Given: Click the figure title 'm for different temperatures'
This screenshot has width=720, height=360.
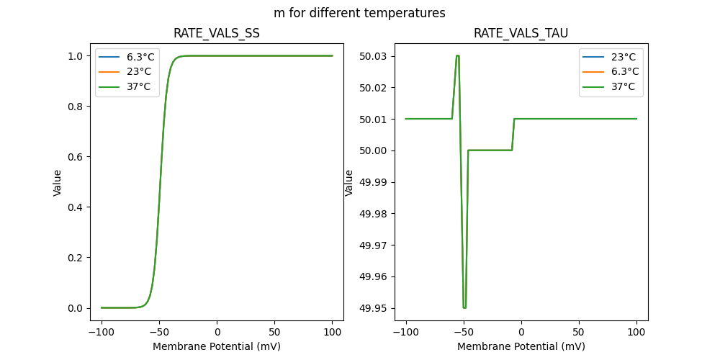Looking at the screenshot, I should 359,13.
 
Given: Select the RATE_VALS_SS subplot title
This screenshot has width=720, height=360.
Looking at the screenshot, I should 217,34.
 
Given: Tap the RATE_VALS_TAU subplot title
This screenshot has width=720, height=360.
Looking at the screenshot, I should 521,34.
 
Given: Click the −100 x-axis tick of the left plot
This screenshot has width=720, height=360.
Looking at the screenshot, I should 102,333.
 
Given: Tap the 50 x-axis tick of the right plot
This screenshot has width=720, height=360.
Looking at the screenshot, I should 579,333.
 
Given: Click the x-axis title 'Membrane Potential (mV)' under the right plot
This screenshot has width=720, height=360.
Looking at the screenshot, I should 521,346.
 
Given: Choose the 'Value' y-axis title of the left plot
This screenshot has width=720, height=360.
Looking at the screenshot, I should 58,182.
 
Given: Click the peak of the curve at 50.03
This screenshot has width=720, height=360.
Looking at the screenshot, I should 457,56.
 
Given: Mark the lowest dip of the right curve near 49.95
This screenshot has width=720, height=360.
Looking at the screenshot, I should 464,307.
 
